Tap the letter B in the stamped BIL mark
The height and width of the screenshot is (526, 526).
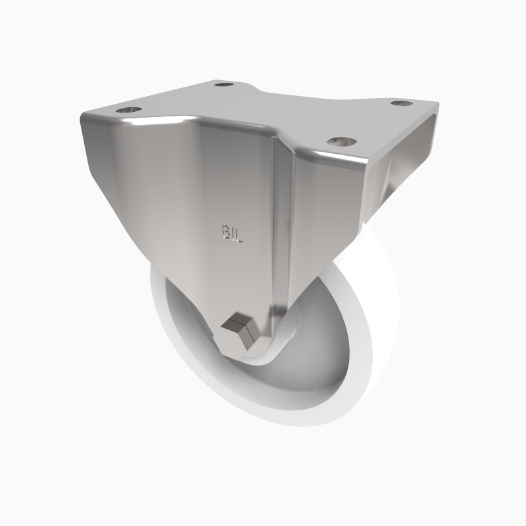click(x=226, y=231)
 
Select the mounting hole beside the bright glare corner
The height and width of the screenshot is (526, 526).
click(x=130, y=108)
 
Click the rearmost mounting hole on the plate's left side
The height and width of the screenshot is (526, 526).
click(x=224, y=85)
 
